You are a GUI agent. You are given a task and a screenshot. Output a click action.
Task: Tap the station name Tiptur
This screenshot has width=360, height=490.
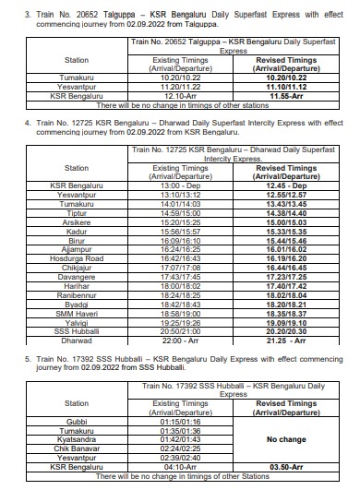point(77,213)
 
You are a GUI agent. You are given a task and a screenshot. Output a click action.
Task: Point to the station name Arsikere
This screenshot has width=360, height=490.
point(77,222)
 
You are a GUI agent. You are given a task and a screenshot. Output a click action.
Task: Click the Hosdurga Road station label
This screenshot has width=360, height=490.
point(77,259)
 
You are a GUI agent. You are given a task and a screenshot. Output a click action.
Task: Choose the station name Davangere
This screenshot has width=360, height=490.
point(77,278)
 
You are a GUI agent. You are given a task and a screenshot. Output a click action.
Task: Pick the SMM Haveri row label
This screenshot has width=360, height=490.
point(77,315)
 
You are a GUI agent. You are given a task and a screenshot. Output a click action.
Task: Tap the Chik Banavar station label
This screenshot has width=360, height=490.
point(77,448)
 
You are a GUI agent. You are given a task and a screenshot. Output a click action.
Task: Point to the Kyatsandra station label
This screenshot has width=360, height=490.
point(77,439)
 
